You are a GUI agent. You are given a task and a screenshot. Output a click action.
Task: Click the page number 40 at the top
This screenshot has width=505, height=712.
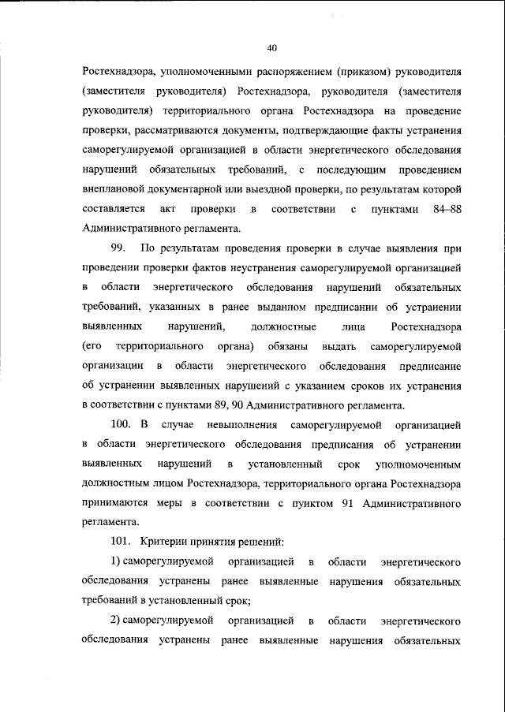point(271,47)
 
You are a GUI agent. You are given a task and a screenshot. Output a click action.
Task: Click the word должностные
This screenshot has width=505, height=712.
point(282,326)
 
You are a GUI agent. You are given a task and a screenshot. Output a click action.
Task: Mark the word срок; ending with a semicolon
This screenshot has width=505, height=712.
point(237,600)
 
